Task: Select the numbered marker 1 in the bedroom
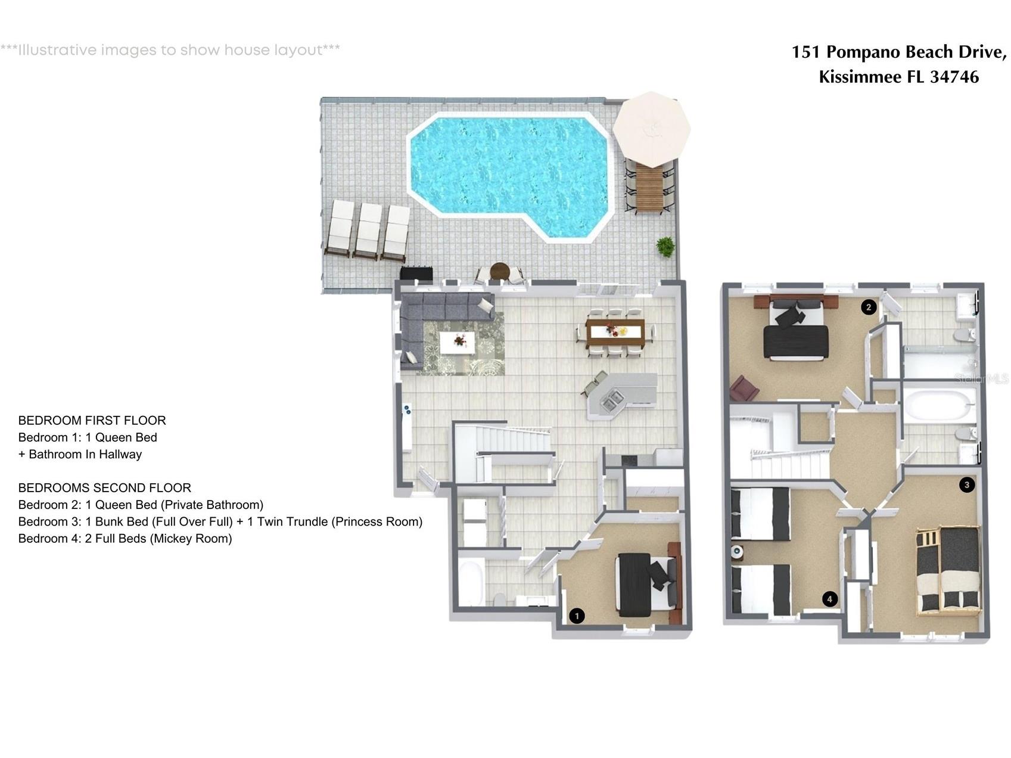tap(576, 616)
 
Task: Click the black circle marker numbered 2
tap(869, 307)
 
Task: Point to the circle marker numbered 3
tap(966, 484)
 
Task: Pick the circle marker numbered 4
tap(829, 599)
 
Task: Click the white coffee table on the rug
tap(458, 342)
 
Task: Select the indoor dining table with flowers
tap(615, 333)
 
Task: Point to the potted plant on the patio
tap(665, 246)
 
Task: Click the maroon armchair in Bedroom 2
tap(744, 389)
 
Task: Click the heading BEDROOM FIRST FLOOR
tap(92, 420)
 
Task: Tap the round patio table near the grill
tap(500, 271)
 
